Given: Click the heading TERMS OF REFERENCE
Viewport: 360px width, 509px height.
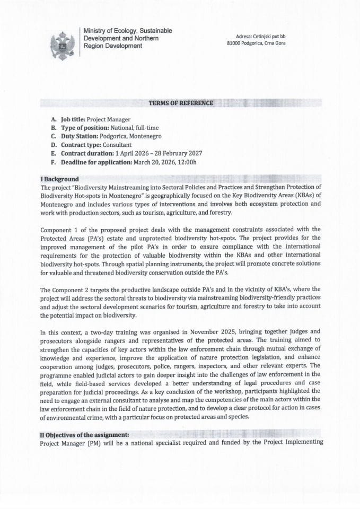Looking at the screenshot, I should [x=181, y=102].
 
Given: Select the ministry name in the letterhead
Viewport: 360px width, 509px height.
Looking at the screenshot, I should [x=127, y=39].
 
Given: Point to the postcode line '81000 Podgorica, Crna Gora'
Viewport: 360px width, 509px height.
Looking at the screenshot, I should [x=256, y=43].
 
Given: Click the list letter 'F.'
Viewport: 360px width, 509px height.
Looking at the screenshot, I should [x=53, y=161].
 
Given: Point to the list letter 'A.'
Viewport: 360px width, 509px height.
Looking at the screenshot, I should [x=53, y=120].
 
